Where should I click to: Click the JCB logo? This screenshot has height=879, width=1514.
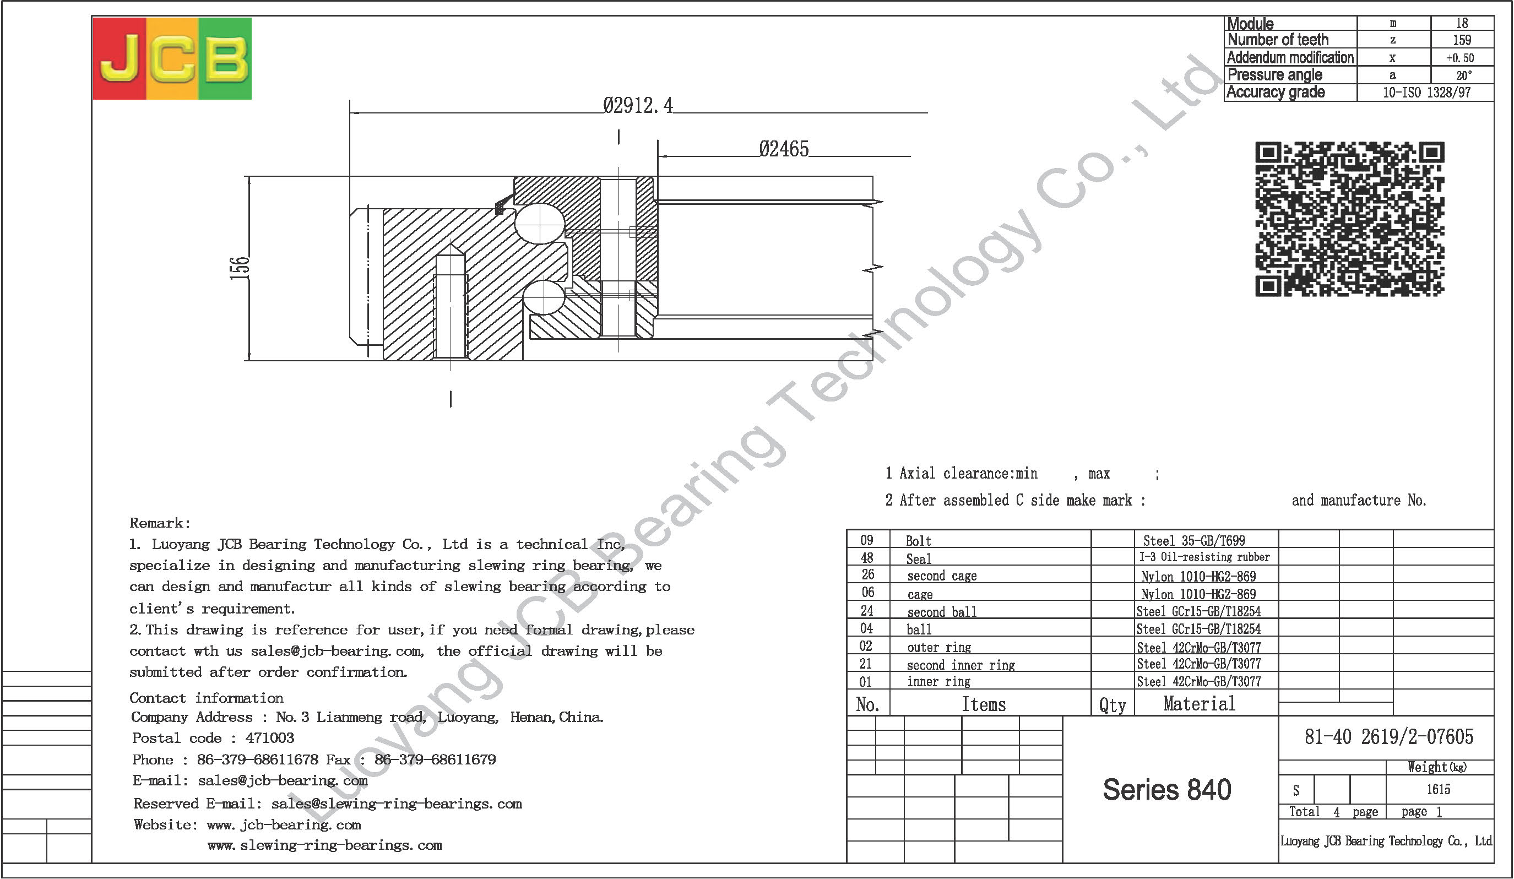tap(172, 58)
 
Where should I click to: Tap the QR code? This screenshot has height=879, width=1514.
tap(1349, 219)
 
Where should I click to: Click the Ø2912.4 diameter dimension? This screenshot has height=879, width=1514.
tap(638, 106)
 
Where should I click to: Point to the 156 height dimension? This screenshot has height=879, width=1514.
tap(239, 268)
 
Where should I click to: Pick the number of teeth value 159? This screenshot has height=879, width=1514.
tap(1462, 40)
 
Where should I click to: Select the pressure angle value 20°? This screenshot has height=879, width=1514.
tap(1463, 75)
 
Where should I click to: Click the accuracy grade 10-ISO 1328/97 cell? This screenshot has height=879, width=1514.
tap(1426, 93)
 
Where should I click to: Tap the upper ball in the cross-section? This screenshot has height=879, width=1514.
tap(539, 224)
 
